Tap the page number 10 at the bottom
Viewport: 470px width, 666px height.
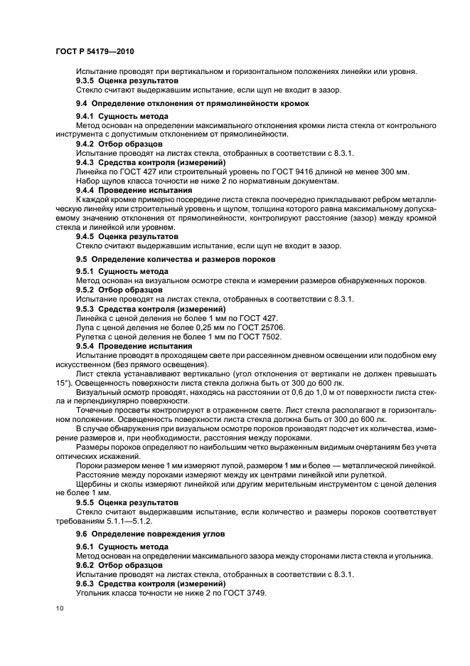[60, 608]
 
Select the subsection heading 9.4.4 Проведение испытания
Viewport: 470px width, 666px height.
[134, 191]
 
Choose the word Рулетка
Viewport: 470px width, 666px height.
[92, 337]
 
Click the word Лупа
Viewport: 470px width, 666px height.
[86, 327]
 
